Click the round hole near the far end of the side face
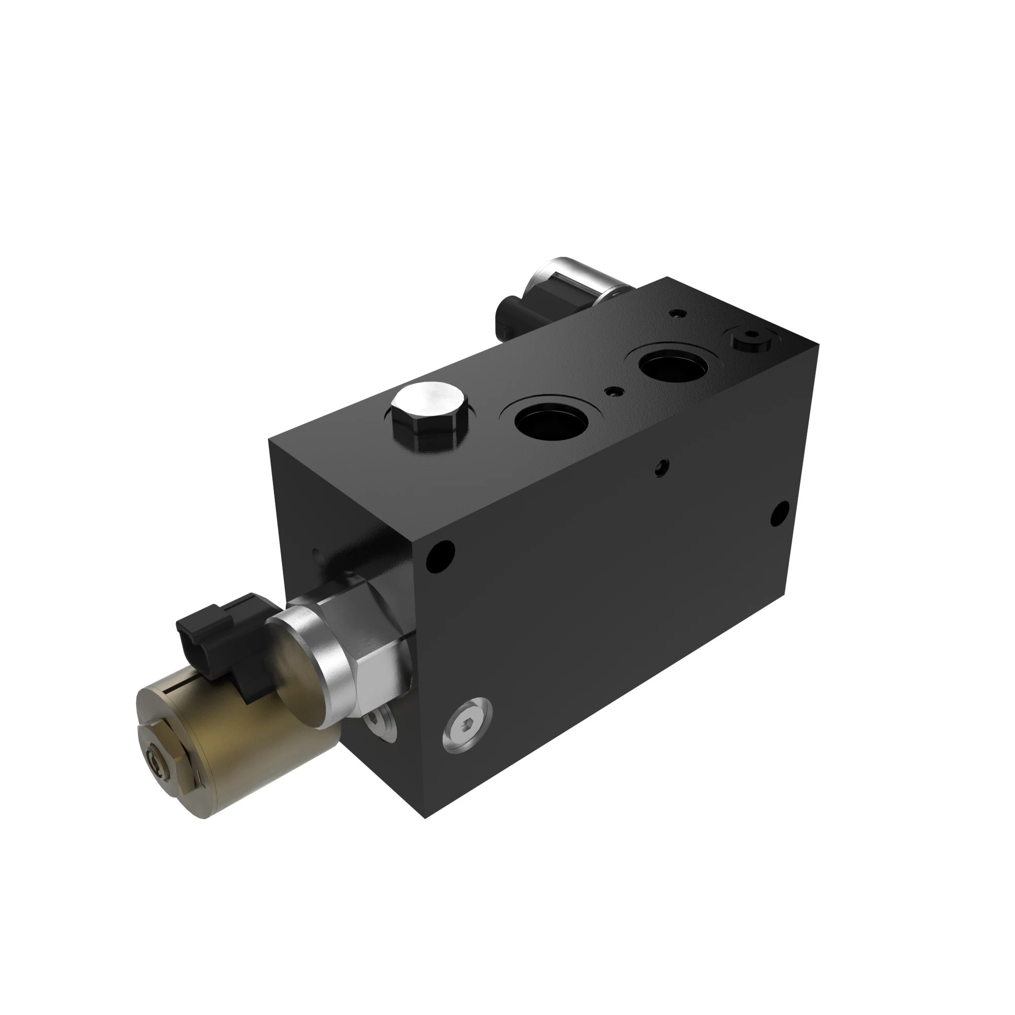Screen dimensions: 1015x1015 (x=780, y=514)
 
